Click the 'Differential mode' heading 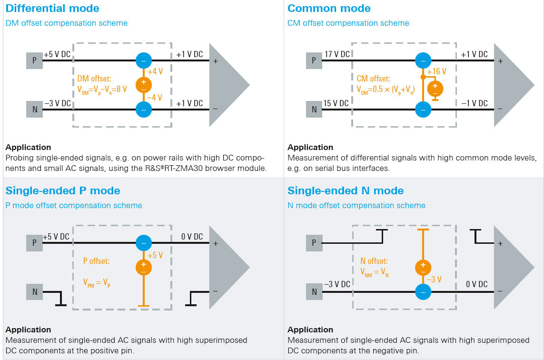(52, 8)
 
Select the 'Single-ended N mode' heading (346, 190)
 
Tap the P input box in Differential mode (34, 60)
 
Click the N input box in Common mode (314, 110)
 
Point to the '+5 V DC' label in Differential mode (57, 54)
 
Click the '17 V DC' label (336, 54)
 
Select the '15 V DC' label (336, 103)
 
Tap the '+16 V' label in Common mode (436, 71)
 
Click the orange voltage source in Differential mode (143, 85)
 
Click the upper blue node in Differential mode (143, 60)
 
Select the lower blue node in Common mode (422, 110)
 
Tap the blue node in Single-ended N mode (422, 291)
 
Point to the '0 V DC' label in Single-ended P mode (192, 237)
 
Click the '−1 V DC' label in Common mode (474, 103)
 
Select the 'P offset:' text (96, 261)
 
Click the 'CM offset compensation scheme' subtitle (348, 23)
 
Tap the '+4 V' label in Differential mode (155, 72)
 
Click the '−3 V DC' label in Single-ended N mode (337, 284)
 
